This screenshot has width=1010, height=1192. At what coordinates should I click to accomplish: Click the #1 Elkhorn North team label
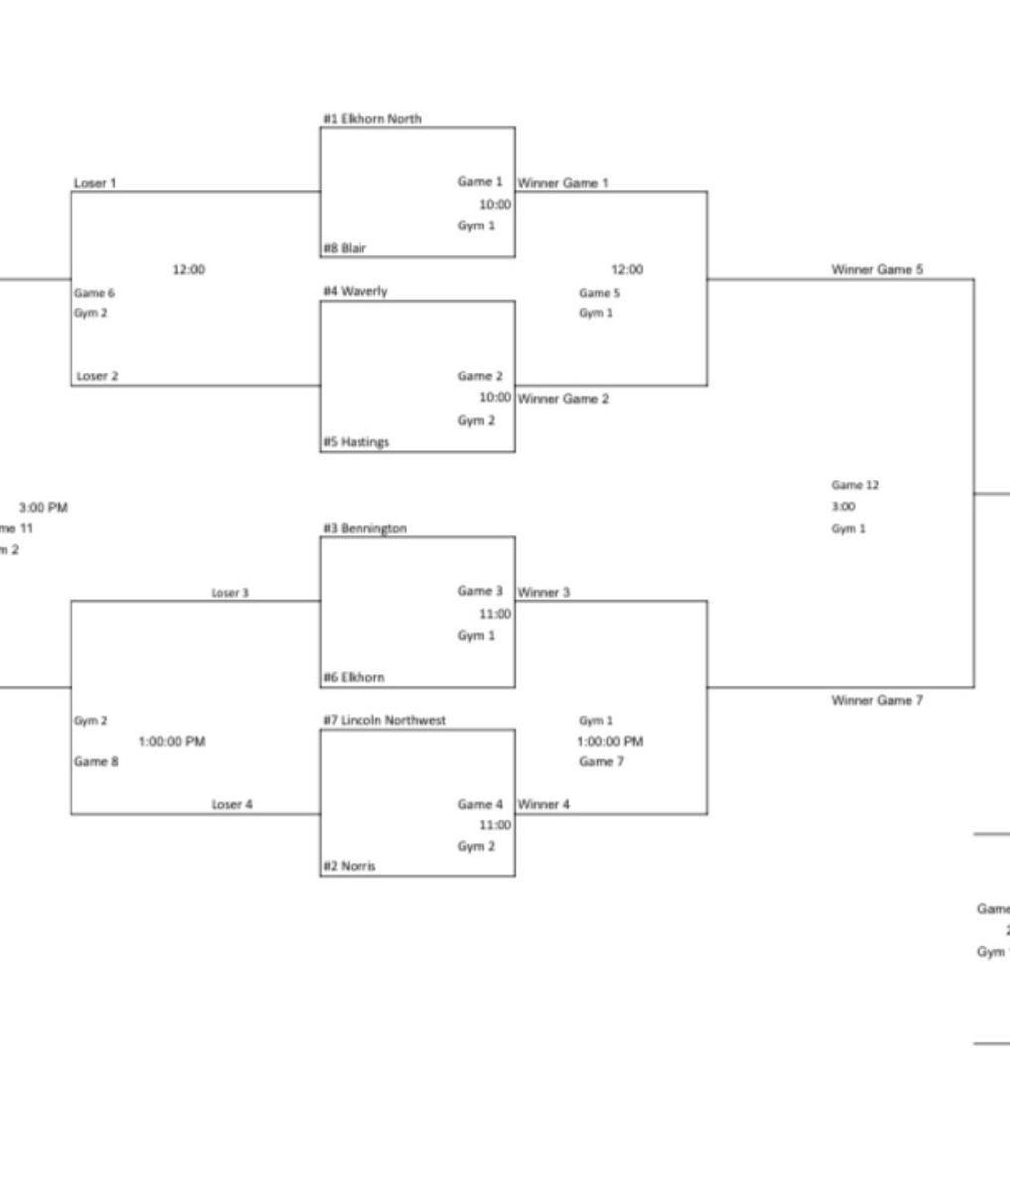point(371,119)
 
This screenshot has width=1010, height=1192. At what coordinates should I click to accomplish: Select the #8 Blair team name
point(344,248)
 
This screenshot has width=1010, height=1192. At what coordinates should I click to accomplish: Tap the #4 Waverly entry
point(355,291)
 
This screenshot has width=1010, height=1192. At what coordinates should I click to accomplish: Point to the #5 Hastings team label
point(356,442)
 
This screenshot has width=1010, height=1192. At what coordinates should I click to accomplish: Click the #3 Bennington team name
point(363,529)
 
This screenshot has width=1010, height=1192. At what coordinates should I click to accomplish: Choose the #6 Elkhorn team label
point(354,677)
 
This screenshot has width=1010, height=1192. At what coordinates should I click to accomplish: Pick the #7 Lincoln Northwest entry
point(383,720)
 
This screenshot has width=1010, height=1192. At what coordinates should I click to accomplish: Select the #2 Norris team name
point(349,866)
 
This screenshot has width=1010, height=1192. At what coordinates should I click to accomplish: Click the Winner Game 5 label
point(877,269)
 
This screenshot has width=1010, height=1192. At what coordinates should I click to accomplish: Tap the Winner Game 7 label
point(877,700)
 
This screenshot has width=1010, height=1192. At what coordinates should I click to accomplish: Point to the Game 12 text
point(855,485)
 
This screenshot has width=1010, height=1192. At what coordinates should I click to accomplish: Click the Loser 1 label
point(95,183)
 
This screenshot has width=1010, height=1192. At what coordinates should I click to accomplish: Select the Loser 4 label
point(231,804)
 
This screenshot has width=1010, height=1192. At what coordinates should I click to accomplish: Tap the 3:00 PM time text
point(43,508)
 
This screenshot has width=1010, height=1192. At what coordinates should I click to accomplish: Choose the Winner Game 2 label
point(563,399)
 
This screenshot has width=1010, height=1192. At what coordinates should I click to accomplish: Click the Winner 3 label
point(544,593)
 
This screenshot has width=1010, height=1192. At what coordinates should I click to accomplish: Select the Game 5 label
point(600,293)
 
